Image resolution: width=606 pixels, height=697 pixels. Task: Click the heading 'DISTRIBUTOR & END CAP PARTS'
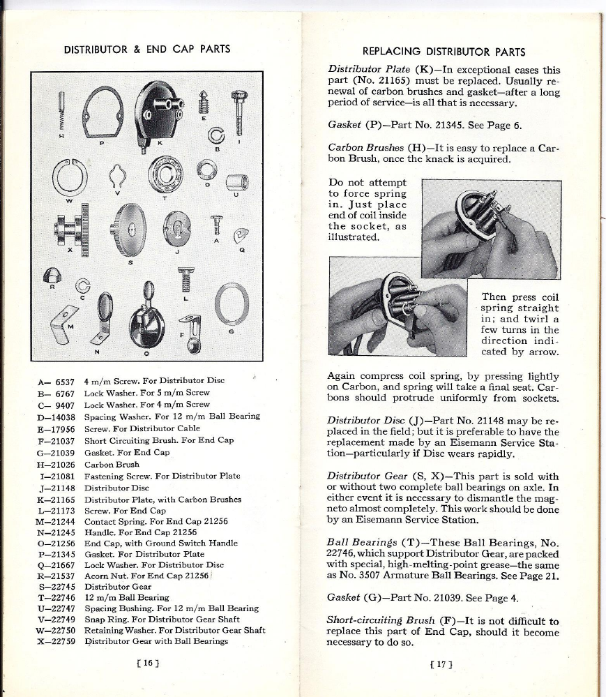tap(147, 50)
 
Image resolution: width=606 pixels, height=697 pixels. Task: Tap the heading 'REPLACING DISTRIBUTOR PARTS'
tap(444, 52)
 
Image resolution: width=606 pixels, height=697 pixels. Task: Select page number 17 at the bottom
tap(441, 663)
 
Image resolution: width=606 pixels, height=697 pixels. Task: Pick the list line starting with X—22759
tap(132, 640)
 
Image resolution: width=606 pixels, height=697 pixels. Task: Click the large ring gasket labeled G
tap(231, 304)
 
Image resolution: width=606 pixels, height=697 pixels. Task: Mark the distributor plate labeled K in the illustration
tap(158, 110)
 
